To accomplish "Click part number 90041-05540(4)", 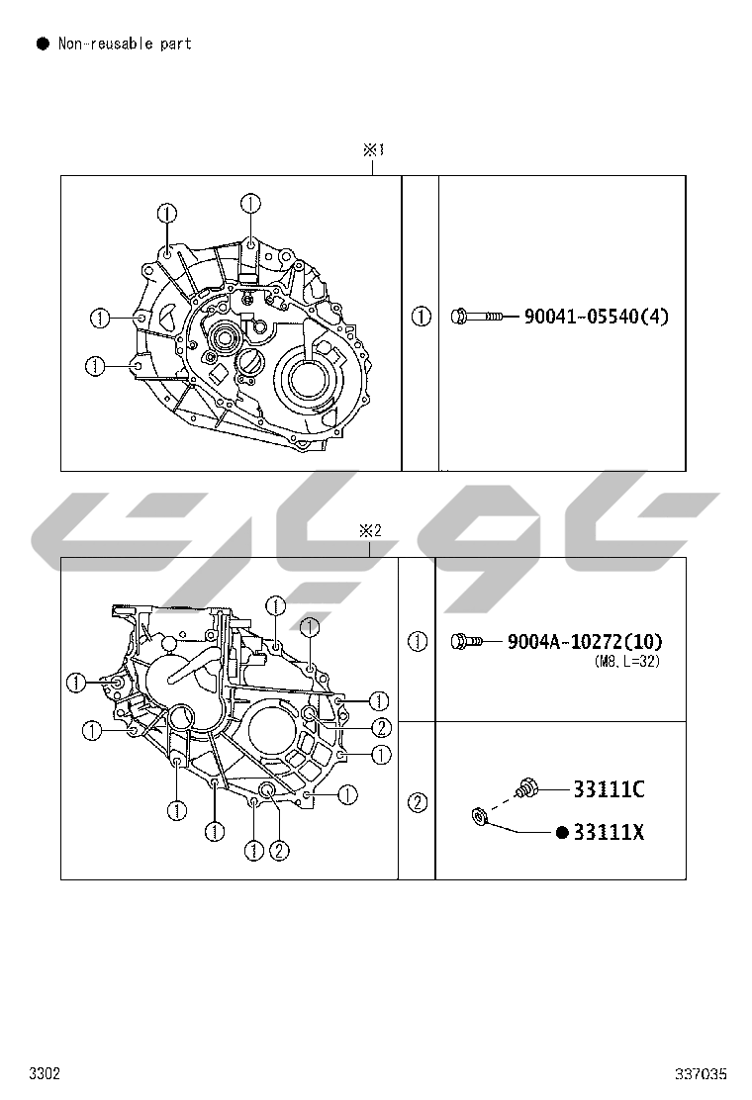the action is tap(597, 317).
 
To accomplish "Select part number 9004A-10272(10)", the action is tap(585, 641).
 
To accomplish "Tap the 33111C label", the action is tap(609, 789).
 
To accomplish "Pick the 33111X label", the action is tap(609, 832).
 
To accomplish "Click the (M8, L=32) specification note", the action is tap(627, 661).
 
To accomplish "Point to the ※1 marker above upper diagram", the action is tap(373, 149).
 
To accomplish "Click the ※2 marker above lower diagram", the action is tap(370, 530).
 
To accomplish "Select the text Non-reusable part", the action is tap(125, 44).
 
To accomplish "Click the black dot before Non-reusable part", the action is tap(43, 44).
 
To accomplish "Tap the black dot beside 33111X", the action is tap(561, 833).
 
